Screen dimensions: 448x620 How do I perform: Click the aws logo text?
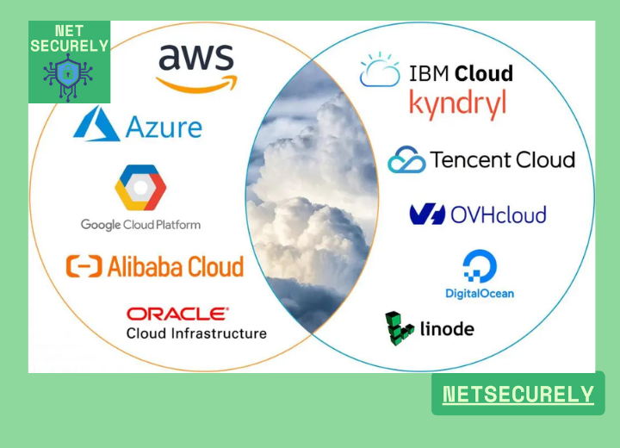[x=196, y=58]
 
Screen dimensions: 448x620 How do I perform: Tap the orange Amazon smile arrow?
[x=197, y=83]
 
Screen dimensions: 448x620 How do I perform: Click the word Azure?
[x=164, y=128]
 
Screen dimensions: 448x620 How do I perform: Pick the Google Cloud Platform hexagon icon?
[x=140, y=189]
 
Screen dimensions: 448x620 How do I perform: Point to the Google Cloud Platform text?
[x=140, y=225]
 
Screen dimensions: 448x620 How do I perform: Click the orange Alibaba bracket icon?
[x=84, y=266]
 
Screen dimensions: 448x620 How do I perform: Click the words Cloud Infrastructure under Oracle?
[x=196, y=333]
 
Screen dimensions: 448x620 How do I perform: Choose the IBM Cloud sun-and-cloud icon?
[x=380, y=71]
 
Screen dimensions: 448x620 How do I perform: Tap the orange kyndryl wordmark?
[x=457, y=104]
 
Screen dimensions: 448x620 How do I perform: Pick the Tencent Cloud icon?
[x=406, y=160]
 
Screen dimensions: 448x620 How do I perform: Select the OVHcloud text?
[x=499, y=214]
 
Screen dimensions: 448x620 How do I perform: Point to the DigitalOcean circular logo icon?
[x=479, y=266]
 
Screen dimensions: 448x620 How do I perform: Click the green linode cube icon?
[x=399, y=328]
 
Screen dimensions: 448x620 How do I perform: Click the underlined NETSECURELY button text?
[x=518, y=395]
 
